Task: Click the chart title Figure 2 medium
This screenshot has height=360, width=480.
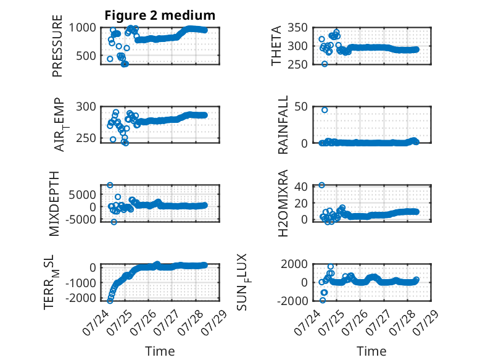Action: [x=160, y=15]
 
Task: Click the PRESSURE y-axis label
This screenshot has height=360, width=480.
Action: [x=57, y=46]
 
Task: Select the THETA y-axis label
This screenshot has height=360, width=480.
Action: [x=276, y=46]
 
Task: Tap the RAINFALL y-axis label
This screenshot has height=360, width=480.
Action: [x=283, y=125]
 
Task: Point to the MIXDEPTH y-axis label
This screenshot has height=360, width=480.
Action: [x=54, y=204]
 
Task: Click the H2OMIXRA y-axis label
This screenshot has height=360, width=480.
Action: [x=283, y=203]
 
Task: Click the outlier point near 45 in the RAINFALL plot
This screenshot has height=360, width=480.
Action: [x=325, y=110]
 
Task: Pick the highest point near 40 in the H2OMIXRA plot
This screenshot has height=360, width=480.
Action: [x=321, y=185]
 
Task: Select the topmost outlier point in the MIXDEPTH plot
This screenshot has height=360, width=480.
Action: [x=110, y=185]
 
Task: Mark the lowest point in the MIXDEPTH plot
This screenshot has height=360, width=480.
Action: [x=114, y=222]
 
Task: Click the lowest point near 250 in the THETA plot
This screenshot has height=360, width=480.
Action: [x=325, y=64]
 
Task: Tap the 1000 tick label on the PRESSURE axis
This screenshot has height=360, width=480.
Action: [x=82, y=28]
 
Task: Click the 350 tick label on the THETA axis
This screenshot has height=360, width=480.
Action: [x=297, y=28]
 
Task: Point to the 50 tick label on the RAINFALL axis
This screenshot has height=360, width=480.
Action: [x=301, y=107]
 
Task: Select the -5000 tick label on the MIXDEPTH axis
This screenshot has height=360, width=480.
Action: [x=80, y=219]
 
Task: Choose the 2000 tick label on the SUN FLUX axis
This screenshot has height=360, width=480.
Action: [x=294, y=264]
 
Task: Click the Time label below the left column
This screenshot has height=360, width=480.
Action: [x=160, y=351]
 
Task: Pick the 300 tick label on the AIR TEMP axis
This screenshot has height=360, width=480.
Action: [x=86, y=107]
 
